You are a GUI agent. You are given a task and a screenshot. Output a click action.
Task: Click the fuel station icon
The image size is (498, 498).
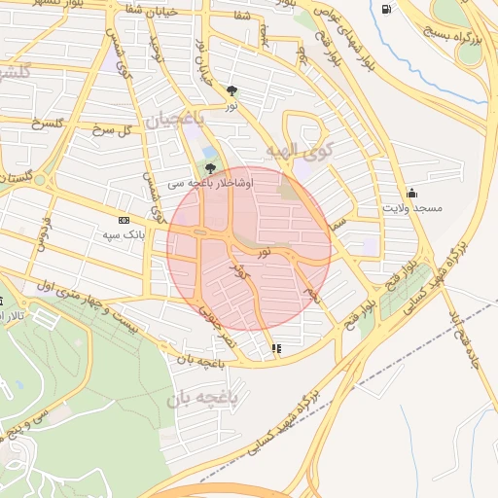pyautogui.click(x=388, y=10)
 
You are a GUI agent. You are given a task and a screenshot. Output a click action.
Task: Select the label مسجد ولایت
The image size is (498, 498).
pyautogui.click(x=412, y=208)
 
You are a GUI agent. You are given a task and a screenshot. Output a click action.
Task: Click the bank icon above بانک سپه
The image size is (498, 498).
pyautogui.click(x=124, y=220)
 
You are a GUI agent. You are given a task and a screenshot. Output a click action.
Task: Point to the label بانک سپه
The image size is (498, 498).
pyautogui.click(x=124, y=235)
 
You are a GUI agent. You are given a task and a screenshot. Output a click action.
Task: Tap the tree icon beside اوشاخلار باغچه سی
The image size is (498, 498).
pyautogui.click(x=211, y=167)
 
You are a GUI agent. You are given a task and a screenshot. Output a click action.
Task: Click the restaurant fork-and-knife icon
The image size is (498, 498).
pyautogui.click(x=276, y=347)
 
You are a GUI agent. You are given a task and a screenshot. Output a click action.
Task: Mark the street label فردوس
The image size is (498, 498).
pyautogui.click(x=41, y=233)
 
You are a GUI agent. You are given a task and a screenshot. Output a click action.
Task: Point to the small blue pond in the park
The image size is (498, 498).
pyautogui.click(x=210, y=153)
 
